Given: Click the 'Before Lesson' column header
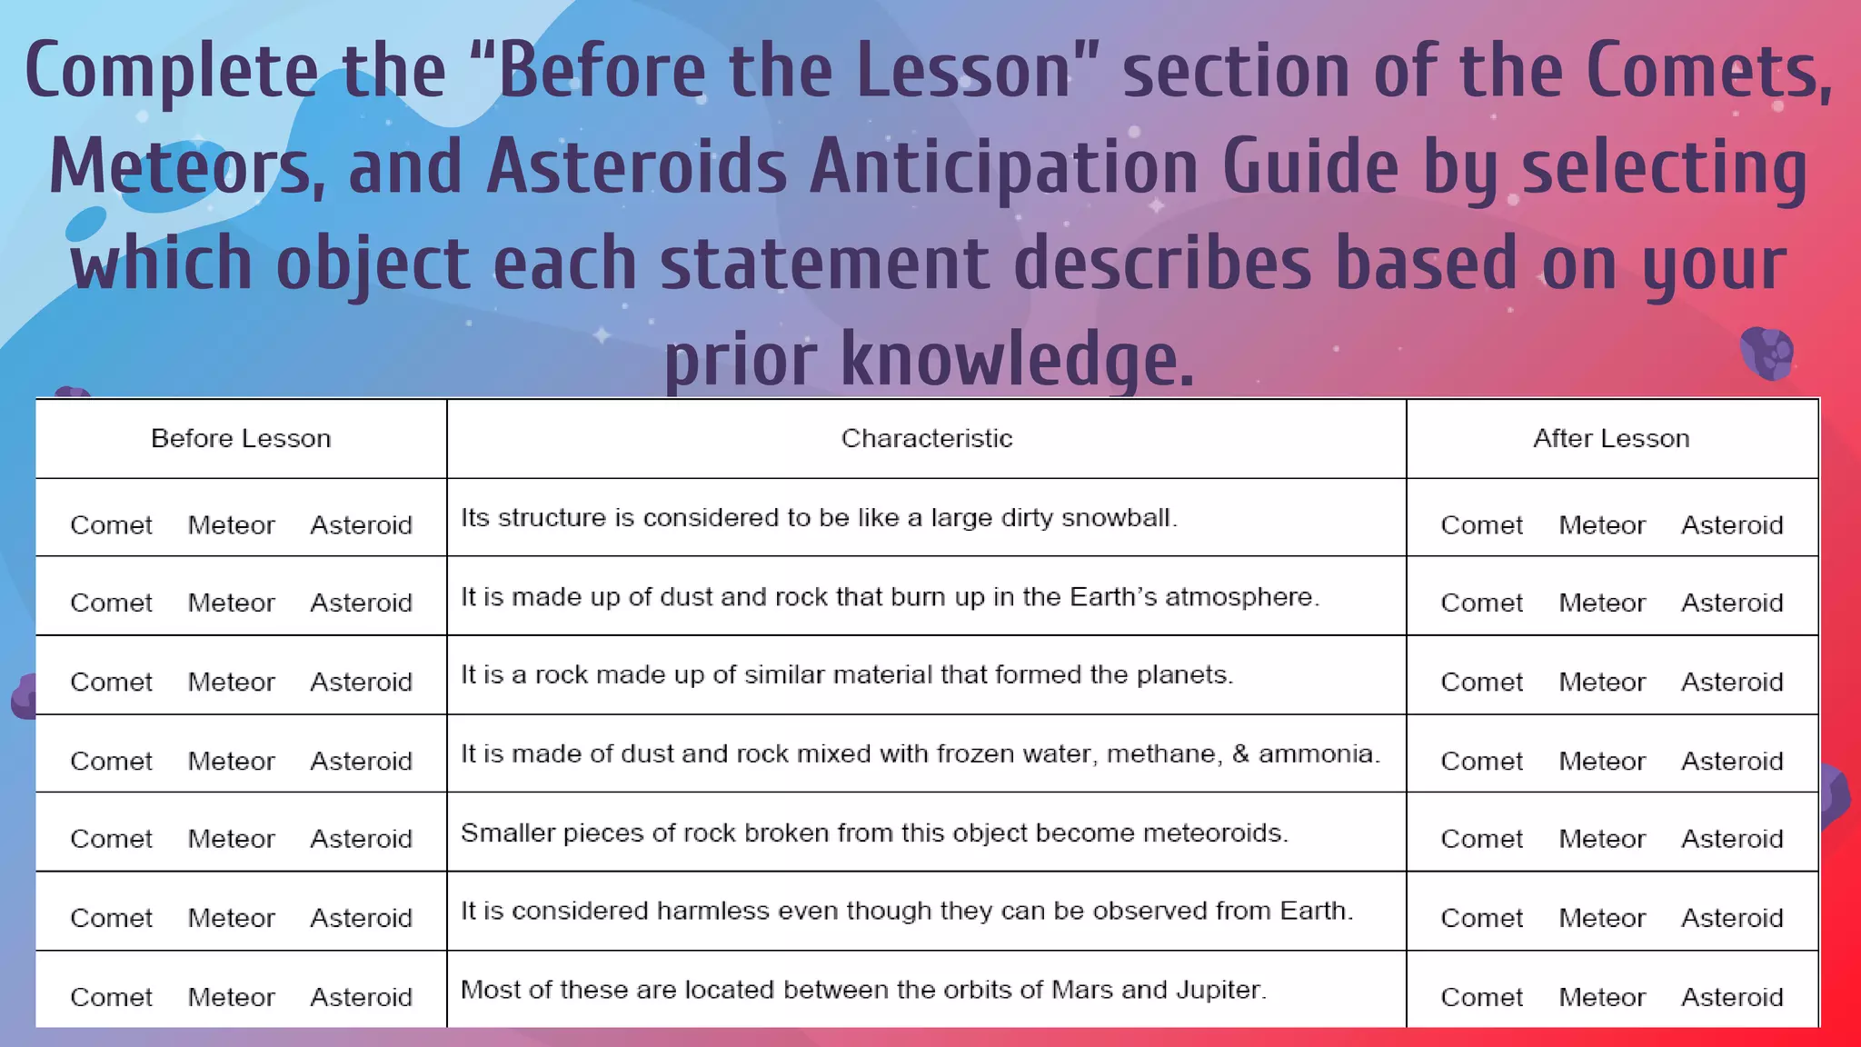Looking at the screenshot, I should point(241,438).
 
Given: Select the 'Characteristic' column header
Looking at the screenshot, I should point(926,438).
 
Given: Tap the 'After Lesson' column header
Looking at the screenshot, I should point(1611,438).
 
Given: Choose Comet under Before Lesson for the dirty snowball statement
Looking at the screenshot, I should point(111,525).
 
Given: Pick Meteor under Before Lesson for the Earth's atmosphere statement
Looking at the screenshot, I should point(231,603).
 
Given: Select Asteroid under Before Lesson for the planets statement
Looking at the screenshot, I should point(361,682).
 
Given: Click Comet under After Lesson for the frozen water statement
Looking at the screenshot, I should point(1481,761).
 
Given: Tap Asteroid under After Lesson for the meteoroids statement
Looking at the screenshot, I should point(1732,839).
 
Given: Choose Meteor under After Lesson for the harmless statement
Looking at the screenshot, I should point(1602,918).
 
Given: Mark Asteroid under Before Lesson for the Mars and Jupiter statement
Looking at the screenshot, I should point(361,997).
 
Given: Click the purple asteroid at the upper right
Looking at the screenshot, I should point(1766,353).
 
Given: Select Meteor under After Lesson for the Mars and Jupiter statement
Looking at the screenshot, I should point(1602,997).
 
